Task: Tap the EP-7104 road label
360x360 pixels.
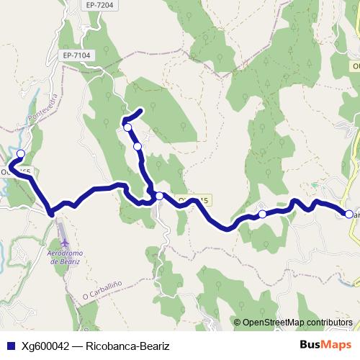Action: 77,55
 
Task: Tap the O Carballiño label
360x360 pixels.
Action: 99,295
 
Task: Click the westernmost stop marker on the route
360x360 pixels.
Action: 21,153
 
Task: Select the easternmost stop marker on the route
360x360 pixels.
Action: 348,214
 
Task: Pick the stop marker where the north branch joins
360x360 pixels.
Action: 159,196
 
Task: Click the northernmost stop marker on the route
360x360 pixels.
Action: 127,127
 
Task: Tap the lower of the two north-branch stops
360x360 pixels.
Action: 138,146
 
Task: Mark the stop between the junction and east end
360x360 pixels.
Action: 263,214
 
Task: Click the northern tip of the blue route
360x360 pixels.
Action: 142,110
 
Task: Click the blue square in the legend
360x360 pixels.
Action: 11,345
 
